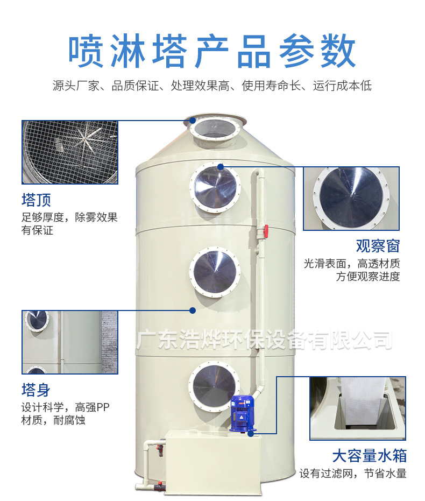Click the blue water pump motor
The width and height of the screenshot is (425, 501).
click(x=242, y=414)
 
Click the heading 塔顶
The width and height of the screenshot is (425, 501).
click(x=37, y=200)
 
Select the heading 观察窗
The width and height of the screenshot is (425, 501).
click(x=378, y=246)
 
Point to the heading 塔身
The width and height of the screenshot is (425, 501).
click(x=36, y=390)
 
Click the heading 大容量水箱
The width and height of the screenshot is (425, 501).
click(x=370, y=456)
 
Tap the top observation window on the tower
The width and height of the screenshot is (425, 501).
click(x=216, y=188)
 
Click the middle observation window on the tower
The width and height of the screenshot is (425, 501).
click(x=215, y=272)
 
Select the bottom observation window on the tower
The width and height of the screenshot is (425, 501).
click(x=214, y=386)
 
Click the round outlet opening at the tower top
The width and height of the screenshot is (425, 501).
click(x=216, y=129)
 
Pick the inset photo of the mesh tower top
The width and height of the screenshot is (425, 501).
click(x=70, y=152)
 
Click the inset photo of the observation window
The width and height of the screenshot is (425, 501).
click(x=351, y=198)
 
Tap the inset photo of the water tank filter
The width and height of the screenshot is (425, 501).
click(x=358, y=408)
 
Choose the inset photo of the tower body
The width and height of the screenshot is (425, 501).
click(x=70, y=342)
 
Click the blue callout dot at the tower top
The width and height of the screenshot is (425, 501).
click(x=192, y=121)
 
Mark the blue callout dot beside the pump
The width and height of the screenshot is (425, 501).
click(x=251, y=434)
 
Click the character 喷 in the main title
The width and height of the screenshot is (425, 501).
click(x=86, y=51)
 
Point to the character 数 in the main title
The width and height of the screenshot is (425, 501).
click(x=338, y=51)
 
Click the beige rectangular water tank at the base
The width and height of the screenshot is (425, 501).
click(x=213, y=462)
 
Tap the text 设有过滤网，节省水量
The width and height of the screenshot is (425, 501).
click(x=353, y=473)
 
